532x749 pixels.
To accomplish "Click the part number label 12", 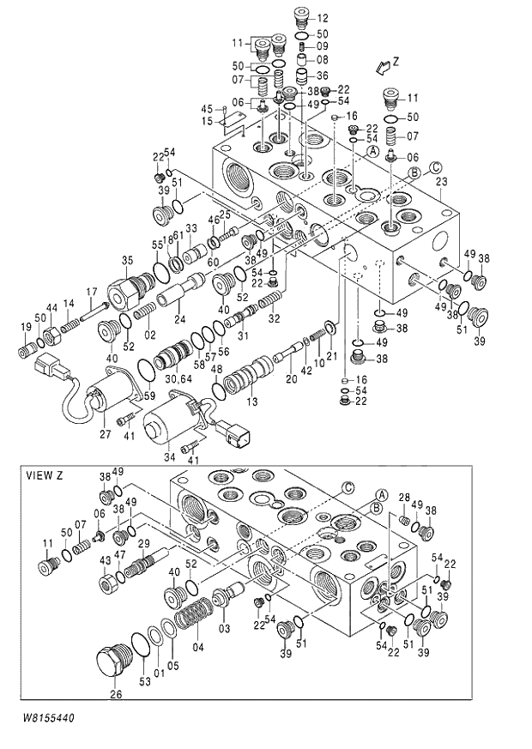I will (322, 18).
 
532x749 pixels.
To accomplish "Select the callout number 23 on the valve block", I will (441, 182).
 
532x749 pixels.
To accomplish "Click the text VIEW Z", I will (45, 475).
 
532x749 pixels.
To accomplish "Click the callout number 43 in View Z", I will (106, 560).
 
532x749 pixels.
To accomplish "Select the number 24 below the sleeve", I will (180, 320).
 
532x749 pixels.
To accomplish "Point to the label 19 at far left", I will (25, 326).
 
